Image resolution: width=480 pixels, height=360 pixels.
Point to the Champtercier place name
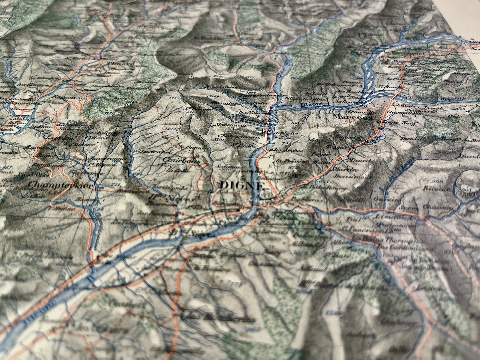(x=60, y=185)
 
